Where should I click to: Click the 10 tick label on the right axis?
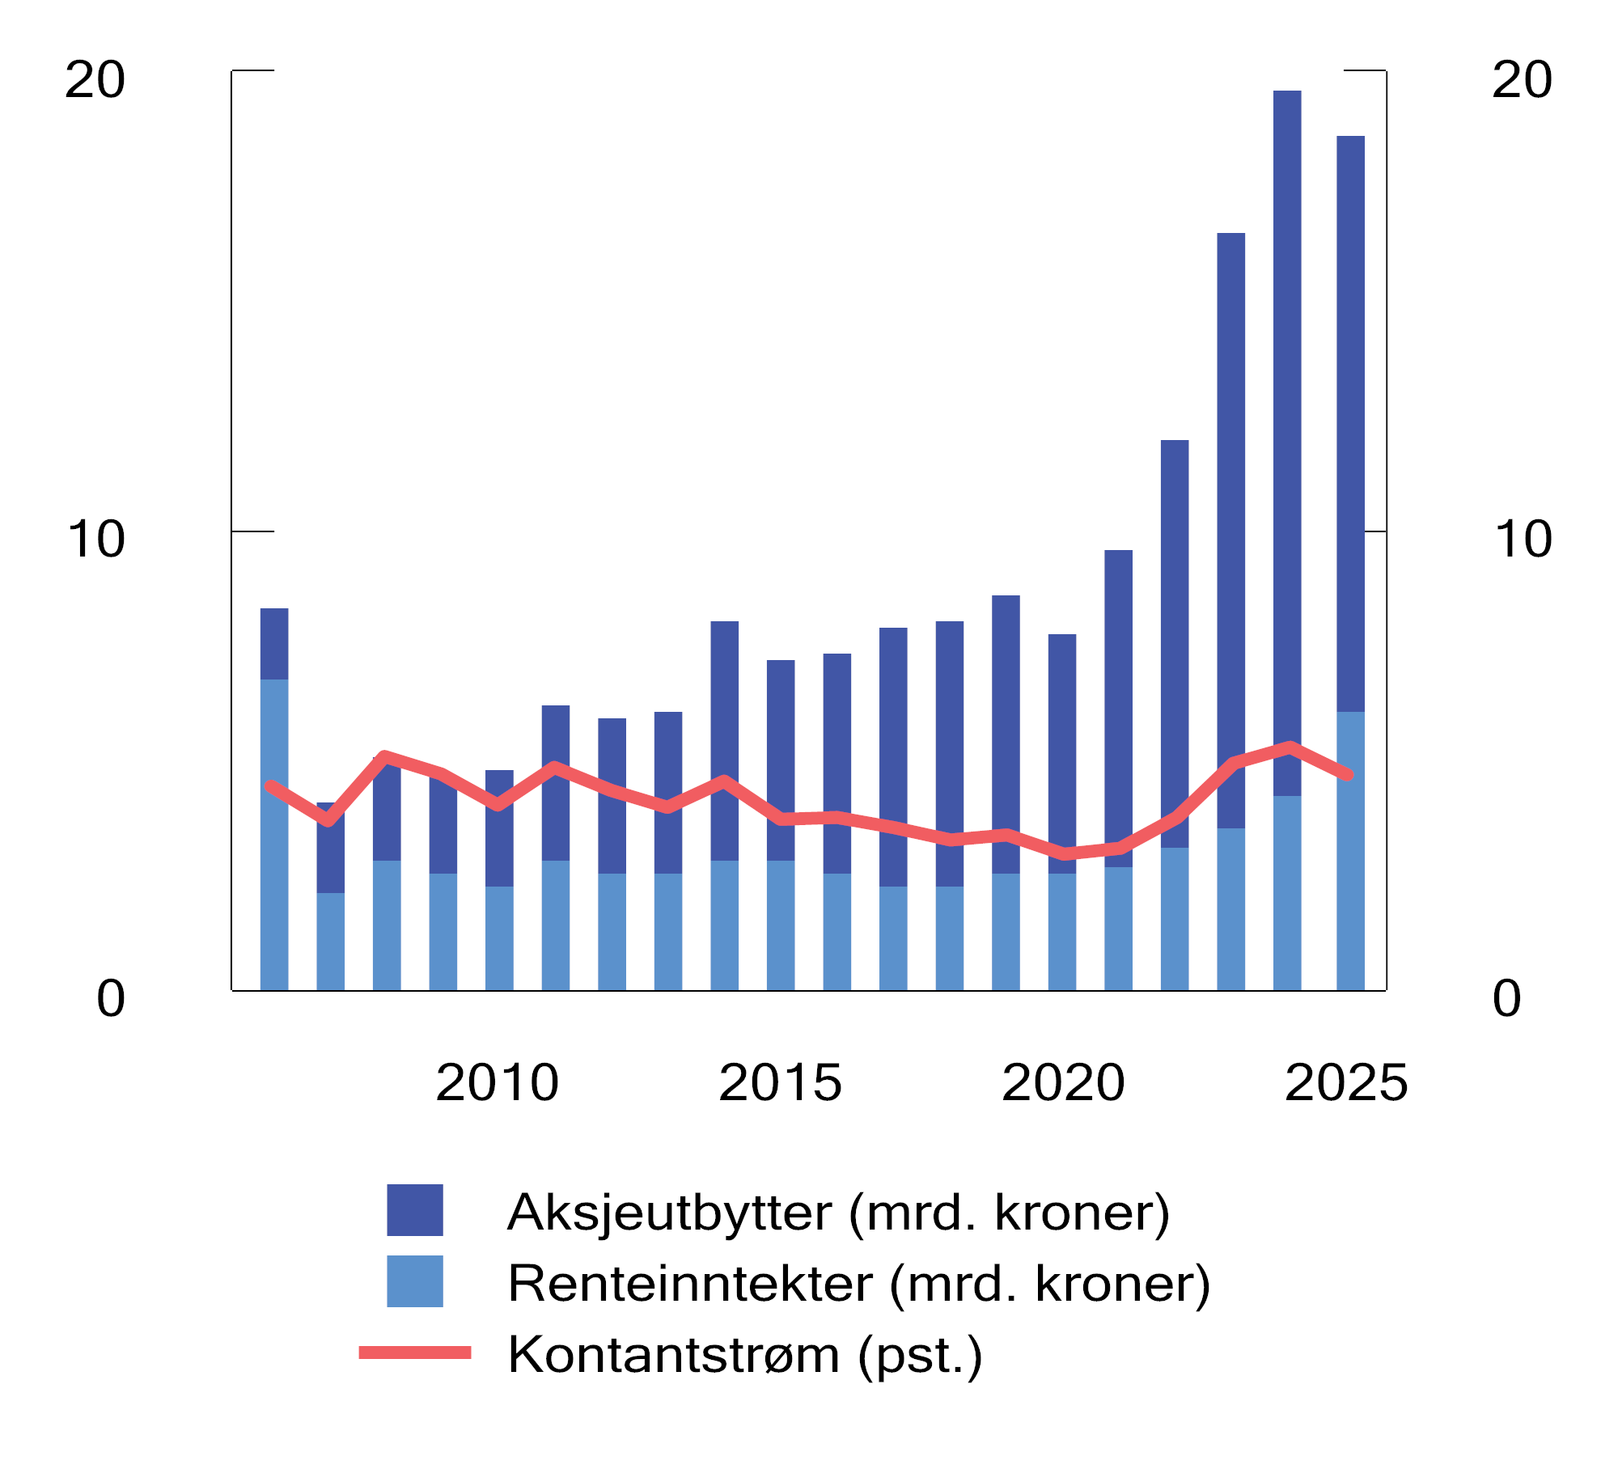1523,540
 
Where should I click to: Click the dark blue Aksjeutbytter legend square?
415,1210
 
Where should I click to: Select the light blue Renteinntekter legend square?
415,1281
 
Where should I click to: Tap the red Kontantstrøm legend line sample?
415,1353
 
